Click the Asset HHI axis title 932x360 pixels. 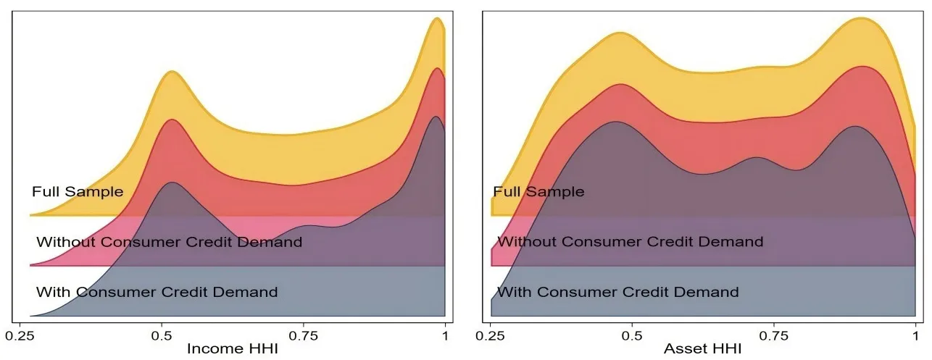(x=703, y=348)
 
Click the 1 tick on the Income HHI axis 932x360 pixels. (x=444, y=335)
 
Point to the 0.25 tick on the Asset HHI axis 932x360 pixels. (x=491, y=335)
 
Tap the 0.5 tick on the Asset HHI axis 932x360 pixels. (x=633, y=335)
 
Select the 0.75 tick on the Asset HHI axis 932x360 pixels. (x=774, y=335)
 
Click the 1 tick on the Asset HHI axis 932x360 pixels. (x=915, y=335)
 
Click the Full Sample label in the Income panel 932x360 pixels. (x=78, y=192)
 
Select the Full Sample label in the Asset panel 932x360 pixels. (x=538, y=192)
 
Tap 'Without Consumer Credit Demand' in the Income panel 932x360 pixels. (x=169, y=242)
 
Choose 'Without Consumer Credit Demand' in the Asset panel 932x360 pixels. (x=630, y=242)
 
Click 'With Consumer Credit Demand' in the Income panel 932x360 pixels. (x=157, y=293)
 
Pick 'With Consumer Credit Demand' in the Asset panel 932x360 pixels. (x=617, y=293)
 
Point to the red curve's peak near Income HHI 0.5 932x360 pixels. (x=172, y=120)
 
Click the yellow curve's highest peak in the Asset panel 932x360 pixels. (x=861, y=18)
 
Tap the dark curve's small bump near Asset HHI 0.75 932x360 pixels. (x=756, y=157)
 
